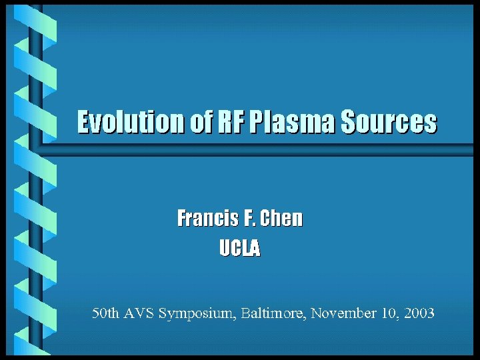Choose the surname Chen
point(281,218)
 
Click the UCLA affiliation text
point(240,249)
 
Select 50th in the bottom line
point(105,313)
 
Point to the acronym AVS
point(139,313)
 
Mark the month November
point(344,313)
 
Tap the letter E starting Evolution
point(83,123)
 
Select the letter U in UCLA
point(225,249)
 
